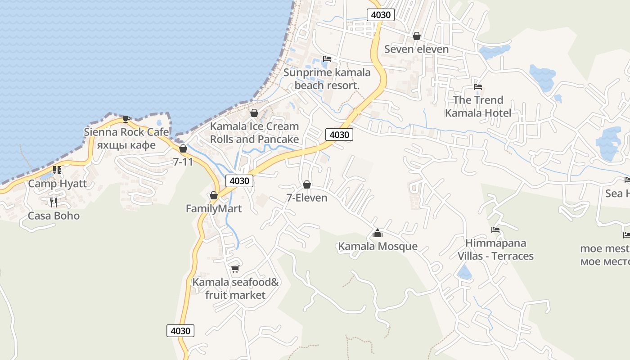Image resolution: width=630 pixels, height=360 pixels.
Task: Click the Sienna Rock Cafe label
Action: coord(126,132)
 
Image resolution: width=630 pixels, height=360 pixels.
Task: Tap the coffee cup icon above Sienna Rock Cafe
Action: coord(126,119)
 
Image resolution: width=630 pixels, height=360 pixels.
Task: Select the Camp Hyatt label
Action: coord(58,184)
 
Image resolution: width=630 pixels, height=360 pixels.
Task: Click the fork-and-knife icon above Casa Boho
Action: coord(54,202)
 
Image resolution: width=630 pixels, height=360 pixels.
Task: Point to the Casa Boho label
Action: coord(54,216)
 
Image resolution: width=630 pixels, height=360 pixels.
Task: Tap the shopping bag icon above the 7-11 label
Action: coord(183,148)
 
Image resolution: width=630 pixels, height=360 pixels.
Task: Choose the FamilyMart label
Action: coord(214,209)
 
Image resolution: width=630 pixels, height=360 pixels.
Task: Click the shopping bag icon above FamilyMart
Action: coord(214,195)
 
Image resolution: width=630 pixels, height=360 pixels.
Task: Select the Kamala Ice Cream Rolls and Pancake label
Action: coord(254,133)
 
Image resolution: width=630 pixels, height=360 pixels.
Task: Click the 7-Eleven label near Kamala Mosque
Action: coord(307,198)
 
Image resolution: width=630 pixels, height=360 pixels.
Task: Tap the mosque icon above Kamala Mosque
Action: coord(378,233)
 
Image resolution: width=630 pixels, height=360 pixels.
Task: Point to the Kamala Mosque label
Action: coord(378,247)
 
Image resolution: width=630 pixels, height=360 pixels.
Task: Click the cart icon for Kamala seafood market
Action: coord(235,269)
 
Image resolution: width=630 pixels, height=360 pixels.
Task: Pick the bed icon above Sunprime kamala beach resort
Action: coord(327,59)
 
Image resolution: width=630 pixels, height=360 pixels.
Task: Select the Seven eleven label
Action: coord(416,49)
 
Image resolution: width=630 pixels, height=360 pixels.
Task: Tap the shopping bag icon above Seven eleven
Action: coord(417,36)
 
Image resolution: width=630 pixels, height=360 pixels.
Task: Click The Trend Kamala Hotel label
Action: coord(478,106)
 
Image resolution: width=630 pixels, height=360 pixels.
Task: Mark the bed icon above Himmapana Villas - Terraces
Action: coord(495,230)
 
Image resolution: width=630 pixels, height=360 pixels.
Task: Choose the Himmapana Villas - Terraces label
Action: coord(495,250)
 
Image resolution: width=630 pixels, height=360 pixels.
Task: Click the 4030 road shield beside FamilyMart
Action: coord(239,181)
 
